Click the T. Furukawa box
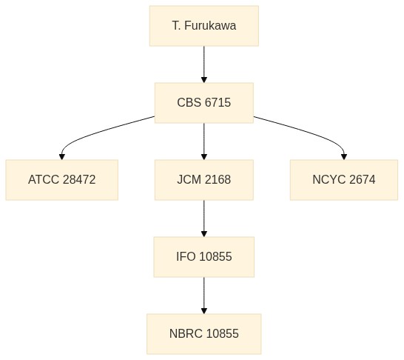click(204, 26)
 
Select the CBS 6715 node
click(204, 103)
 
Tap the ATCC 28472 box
click(62, 180)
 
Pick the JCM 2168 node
click(204, 180)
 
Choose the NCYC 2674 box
click(344, 180)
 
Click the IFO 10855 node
click(204, 257)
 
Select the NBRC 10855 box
click(204, 333)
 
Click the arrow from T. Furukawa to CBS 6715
click(204, 64)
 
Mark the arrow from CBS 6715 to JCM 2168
click(204, 141)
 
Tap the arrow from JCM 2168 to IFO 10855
click(204, 219)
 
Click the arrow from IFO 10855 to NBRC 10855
click(204, 296)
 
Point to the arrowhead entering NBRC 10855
click(204, 311)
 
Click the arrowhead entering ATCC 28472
click(62, 157)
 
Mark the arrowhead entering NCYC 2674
click(344, 157)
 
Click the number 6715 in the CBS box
click(218, 103)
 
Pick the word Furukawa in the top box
click(210, 26)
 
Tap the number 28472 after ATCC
click(79, 180)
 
